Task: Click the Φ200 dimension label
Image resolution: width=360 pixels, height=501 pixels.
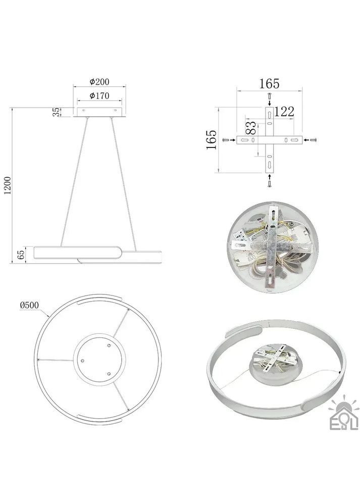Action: click(99, 82)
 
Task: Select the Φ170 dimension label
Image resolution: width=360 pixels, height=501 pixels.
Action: click(99, 95)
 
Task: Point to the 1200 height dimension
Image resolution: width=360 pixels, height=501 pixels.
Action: click(8, 185)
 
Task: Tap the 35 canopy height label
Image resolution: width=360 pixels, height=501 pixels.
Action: click(56, 112)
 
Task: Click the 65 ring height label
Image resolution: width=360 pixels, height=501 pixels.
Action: click(21, 255)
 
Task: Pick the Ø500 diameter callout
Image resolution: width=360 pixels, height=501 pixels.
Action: click(29, 305)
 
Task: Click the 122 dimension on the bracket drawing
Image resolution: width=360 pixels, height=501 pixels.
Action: click(284, 112)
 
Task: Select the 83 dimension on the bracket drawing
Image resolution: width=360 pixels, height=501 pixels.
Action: click(251, 127)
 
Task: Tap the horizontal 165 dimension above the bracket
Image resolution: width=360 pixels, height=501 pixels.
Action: click(269, 84)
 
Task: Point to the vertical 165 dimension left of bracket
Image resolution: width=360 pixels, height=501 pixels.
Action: click(212, 139)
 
